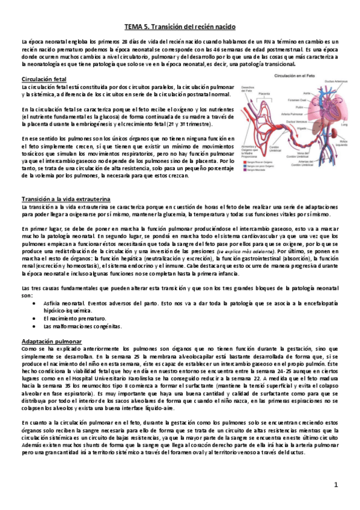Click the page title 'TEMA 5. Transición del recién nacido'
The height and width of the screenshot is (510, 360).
click(180, 27)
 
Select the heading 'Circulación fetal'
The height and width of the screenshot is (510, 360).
click(43, 79)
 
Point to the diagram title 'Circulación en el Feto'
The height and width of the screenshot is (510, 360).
click(294, 76)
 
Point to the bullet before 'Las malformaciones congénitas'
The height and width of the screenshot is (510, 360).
click(34, 326)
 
